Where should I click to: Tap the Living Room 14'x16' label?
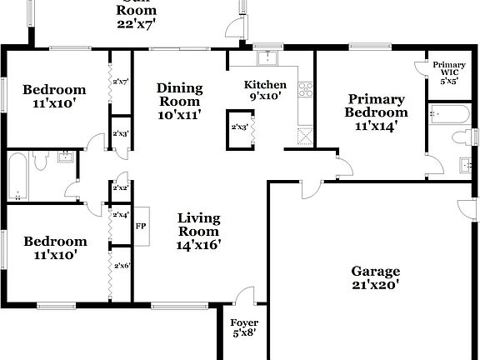[x=199, y=232]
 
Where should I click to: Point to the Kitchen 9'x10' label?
[x=265, y=90]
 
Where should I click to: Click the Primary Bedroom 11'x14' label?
[x=377, y=112]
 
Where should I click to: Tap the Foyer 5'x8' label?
[x=244, y=327]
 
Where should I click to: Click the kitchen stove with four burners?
[x=303, y=89]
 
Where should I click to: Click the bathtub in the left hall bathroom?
[x=17, y=176]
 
